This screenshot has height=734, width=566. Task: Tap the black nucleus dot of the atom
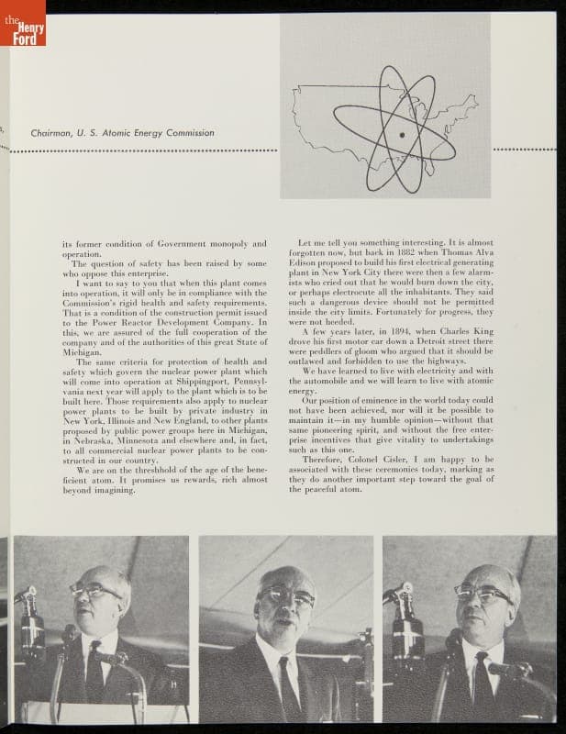coord(401,135)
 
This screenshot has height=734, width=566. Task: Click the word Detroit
coord(423,341)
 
